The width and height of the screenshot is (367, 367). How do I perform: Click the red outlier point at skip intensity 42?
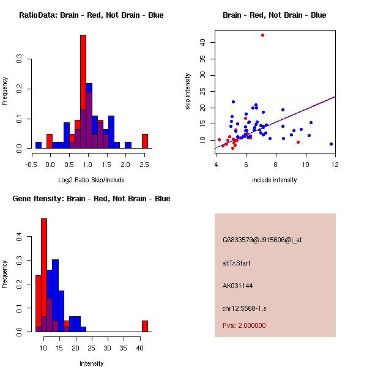[x=262, y=35]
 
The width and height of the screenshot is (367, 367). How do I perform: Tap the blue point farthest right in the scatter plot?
[x=331, y=144]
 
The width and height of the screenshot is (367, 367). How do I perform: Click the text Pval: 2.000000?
[x=244, y=325]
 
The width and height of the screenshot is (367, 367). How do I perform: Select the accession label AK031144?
[x=238, y=286]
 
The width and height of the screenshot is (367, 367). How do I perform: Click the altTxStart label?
[x=237, y=263]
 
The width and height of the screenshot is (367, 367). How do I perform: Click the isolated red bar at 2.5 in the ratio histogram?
[x=145, y=141]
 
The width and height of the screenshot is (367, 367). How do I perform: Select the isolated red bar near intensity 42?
[x=145, y=326]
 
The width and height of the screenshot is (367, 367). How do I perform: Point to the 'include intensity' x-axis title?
[x=275, y=180]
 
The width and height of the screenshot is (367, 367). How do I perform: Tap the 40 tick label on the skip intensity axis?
[x=202, y=42]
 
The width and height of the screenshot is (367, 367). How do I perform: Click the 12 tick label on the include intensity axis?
[x=335, y=164]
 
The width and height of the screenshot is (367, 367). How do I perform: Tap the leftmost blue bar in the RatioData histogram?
[x=38, y=146]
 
